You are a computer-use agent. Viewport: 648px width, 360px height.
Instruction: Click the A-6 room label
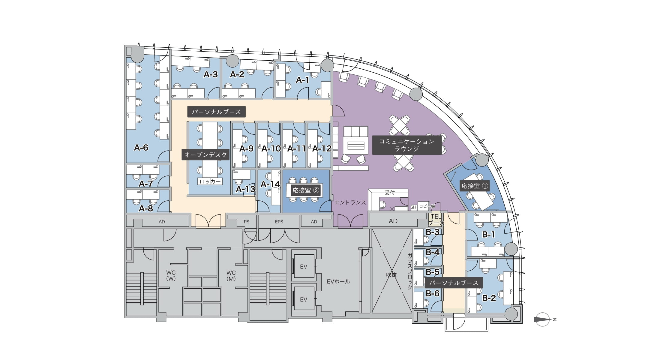141,148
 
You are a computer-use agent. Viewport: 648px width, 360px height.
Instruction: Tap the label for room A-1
302,80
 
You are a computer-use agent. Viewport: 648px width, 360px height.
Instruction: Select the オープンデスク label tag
205,155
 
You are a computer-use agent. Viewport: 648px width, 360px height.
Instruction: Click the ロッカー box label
210,181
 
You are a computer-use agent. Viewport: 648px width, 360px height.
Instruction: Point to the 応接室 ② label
306,190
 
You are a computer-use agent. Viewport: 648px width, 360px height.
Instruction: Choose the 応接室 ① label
475,186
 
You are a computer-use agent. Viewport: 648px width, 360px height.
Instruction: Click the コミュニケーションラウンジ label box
406,145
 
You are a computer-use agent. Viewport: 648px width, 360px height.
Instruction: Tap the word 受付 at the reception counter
390,193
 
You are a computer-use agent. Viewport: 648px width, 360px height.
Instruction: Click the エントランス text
350,202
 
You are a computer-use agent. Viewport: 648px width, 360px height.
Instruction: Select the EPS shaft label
279,222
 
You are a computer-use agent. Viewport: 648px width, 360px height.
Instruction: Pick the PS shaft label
247,222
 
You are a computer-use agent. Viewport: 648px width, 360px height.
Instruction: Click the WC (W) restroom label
171,275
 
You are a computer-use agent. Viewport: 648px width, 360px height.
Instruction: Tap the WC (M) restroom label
231,275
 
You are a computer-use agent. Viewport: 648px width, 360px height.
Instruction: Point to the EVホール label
338,281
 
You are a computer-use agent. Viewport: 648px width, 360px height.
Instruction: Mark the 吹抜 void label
391,275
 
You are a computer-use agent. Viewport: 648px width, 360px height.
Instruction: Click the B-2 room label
489,298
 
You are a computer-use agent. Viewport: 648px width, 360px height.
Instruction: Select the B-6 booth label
433,293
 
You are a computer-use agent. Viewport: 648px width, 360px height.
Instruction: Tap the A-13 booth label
245,189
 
